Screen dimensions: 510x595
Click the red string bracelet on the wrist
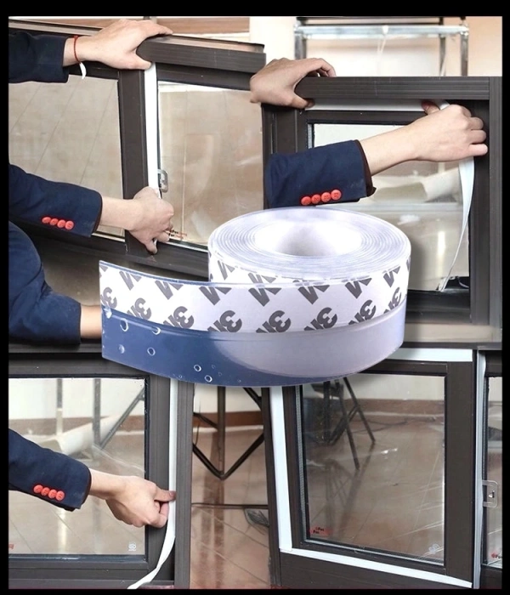(76, 49)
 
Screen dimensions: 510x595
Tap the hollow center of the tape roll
(308, 240)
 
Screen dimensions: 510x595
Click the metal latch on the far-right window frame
(490, 493)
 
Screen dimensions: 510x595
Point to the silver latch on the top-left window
(163, 180)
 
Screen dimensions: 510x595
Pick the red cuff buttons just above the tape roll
(321, 197)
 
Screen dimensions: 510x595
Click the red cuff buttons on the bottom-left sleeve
(48, 492)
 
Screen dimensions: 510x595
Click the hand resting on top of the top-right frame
(289, 82)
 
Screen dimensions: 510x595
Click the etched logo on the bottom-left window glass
(132, 547)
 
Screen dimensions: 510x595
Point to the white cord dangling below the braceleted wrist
(82, 70)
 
